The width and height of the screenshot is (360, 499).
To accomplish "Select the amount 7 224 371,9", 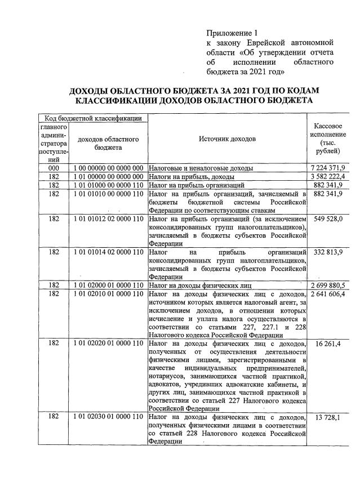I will pyautogui.click(x=327, y=168).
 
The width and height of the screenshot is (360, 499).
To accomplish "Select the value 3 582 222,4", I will pyautogui.click(x=327, y=176).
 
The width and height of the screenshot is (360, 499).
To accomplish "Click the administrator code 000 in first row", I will pyautogui.click(x=54, y=168).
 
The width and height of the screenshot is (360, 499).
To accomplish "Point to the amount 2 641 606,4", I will pyautogui.click(x=327, y=293).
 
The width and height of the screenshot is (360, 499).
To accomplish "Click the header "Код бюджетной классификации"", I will pyautogui.click(x=92, y=118).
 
